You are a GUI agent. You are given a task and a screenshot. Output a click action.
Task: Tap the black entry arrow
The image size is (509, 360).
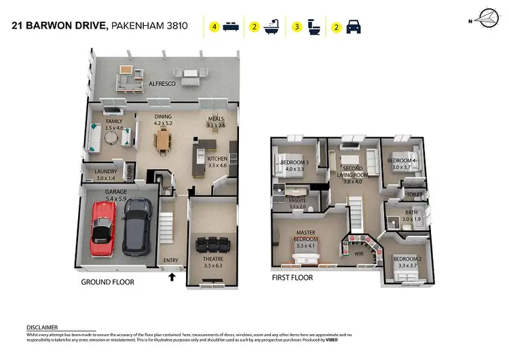click(x=172, y=276)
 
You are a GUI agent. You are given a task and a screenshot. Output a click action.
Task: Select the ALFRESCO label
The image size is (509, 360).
click(x=163, y=84)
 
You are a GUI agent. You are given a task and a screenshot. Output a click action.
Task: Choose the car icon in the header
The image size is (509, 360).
click(x=354, y=27)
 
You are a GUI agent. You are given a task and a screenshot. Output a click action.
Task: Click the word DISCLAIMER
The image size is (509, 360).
click(x=42, y=327)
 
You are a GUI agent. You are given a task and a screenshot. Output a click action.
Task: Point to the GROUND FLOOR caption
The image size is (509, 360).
click(x=107, y=282)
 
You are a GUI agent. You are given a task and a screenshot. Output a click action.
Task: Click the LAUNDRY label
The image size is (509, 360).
click(x=107, y=171)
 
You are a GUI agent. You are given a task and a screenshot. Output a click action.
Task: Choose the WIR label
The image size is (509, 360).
click(x=359, y=253)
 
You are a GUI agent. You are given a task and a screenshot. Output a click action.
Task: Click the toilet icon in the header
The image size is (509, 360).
click(x=314, y=27)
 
